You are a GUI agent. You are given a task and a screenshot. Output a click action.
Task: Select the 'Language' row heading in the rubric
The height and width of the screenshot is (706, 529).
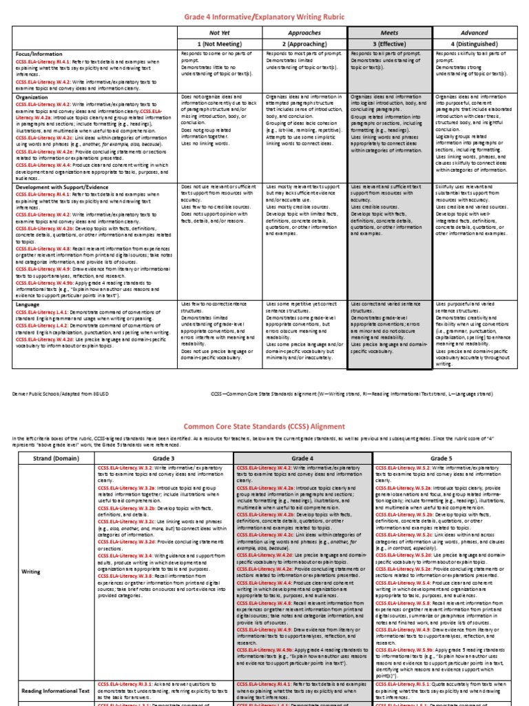(x=29, y=304)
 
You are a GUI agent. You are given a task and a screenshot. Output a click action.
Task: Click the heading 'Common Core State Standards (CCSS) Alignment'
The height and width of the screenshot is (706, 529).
(x=264, y=425)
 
